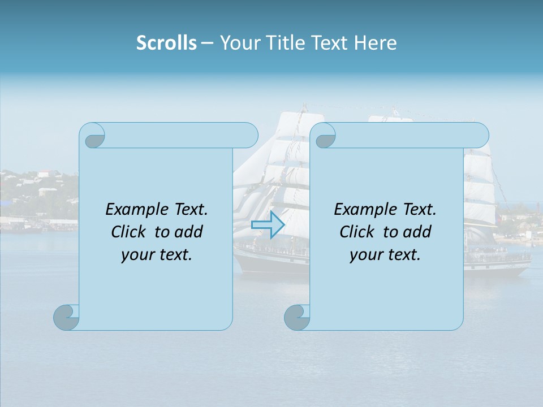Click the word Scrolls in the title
click(x=166, y=43)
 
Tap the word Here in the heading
click(x=375, y=43)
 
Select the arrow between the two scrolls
click(x=268, y=225)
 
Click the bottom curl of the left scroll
click(x=67, y=317)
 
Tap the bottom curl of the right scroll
click(x=298, y=317)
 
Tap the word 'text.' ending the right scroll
click(x=403, y=255)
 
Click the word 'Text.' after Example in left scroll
click(x=189, y=210)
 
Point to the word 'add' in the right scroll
click(x=416, y=232)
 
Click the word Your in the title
click(x=238, y=43)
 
